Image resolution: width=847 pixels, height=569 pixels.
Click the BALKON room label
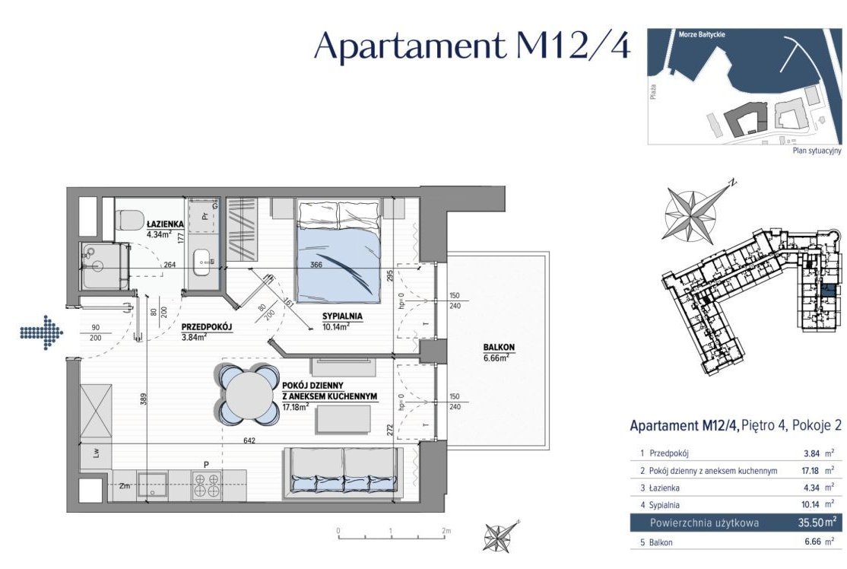499,348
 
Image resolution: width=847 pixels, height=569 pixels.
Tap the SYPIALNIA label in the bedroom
342,316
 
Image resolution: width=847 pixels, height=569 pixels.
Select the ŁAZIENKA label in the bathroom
165,224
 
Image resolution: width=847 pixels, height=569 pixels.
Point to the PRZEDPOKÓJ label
206,327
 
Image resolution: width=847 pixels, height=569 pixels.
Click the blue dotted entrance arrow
42,331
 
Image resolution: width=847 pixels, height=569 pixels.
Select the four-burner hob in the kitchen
207,485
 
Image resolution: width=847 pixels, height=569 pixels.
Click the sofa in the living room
342,469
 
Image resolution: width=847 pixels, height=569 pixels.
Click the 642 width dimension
249,441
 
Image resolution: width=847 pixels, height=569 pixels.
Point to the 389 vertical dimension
144,400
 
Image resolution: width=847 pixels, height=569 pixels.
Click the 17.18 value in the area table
811,471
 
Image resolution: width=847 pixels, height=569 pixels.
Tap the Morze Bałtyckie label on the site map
702,34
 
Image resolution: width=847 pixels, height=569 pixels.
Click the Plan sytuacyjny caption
817,151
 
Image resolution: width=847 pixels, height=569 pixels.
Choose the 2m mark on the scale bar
446,531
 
